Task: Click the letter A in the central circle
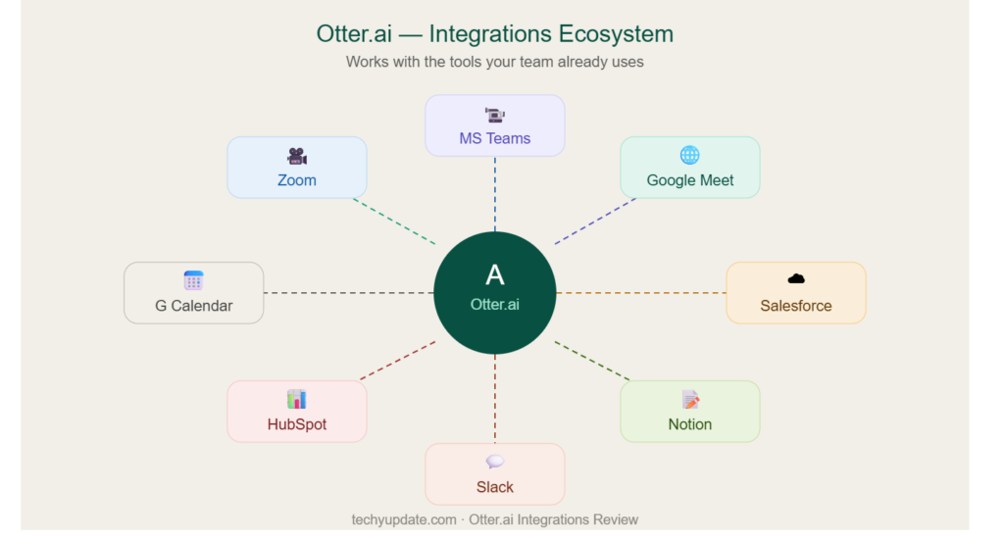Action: click(494, 275)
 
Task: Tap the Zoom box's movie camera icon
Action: click(296, 156)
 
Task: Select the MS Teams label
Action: click(494, 138)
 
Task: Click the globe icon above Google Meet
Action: click(689, 155)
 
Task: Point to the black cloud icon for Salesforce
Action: click(796, 278)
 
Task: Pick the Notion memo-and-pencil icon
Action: click(690, 400)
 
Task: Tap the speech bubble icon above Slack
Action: click(495, 462)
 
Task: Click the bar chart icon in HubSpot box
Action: click(296, 399)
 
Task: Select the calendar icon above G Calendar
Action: click(193, 280)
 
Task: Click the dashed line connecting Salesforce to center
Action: click(641, 293)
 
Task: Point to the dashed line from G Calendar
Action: click(348, 293)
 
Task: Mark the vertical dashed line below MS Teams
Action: click(495, 194)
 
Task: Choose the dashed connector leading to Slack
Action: click(495, 399)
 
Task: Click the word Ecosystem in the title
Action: click(615, 34)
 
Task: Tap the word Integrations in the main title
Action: click(489, 34)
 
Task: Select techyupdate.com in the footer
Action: click(403, 519)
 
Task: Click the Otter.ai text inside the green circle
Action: click(494, 305)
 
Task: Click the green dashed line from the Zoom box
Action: click(394, 222)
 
